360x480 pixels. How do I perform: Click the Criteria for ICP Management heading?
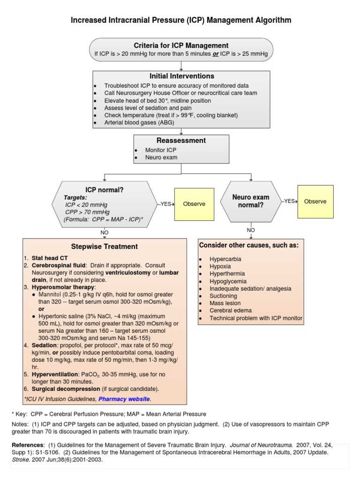coord(181,45)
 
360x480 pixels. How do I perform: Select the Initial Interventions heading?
coord(181,76)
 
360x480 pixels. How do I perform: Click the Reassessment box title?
coord(181,140)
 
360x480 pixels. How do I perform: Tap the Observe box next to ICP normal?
coord(194,204)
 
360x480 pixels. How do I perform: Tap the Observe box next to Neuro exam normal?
coord(315,201)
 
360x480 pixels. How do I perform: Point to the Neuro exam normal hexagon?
coord(251,202)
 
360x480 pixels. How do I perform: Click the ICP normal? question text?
coord(105,190)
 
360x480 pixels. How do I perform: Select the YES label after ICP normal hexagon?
coord(166,204)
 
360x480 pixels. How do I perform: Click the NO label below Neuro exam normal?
coord(251,230)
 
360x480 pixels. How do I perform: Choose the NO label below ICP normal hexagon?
coord(104,232)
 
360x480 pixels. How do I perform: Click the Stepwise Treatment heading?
coord(104,247)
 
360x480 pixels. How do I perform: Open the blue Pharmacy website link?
coord(124,399)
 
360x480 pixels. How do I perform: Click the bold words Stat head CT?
coord(47,258)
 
